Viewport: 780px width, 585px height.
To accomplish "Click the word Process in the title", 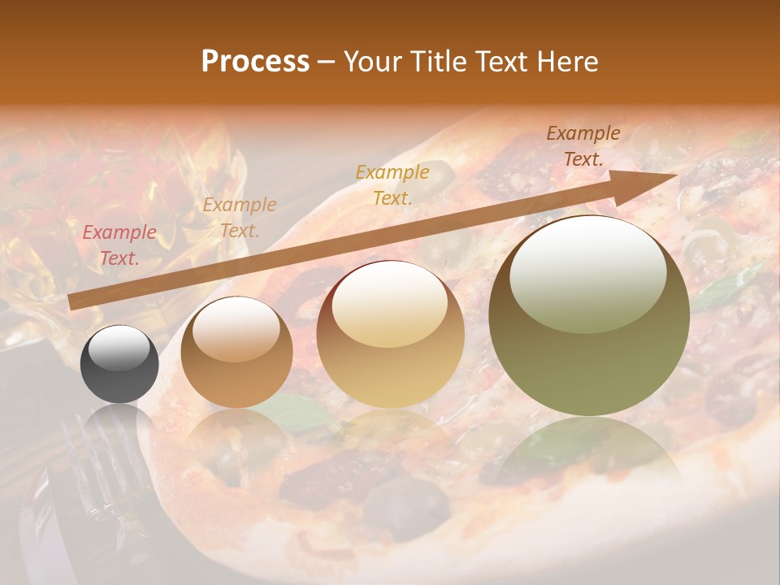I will pos(255,62).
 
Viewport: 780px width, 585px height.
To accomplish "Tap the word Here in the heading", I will pos(565,62).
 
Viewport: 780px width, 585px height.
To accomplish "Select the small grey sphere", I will pos(119,364).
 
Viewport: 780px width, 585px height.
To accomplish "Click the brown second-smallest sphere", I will pos(236,353).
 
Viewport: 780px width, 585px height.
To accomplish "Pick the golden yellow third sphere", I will pos(391,335).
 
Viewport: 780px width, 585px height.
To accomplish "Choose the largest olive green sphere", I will pos(589,316).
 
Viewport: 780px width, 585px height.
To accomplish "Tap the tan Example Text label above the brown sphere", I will pos(240,218).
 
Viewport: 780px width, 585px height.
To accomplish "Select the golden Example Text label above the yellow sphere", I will pos(392,184).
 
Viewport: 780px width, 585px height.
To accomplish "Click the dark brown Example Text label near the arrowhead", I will pos(583,146).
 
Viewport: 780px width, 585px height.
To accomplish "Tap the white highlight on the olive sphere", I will pos(587,275).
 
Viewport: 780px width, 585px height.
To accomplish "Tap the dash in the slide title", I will pos(327,63).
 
